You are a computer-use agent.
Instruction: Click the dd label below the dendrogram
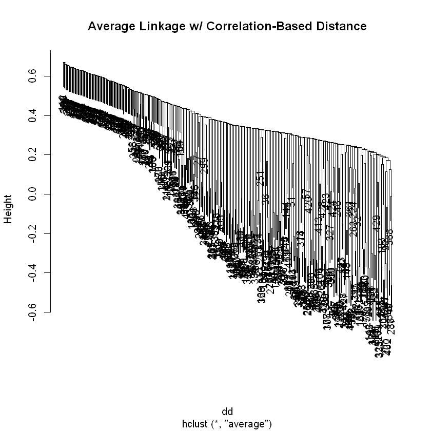click(227, 412)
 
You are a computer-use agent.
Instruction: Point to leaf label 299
click(203, 166)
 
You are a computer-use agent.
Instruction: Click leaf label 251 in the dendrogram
click(260, 179)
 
